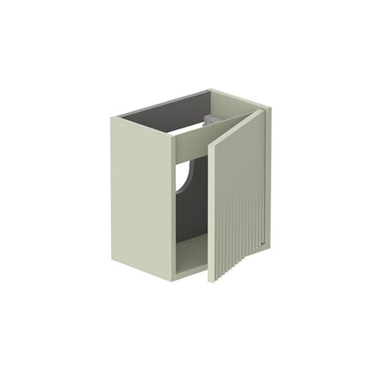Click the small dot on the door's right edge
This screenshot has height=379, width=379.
tap(261, 241)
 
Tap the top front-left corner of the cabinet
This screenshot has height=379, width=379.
tap(114, 118)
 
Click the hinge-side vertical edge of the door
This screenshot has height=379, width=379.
tap(211, 210)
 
